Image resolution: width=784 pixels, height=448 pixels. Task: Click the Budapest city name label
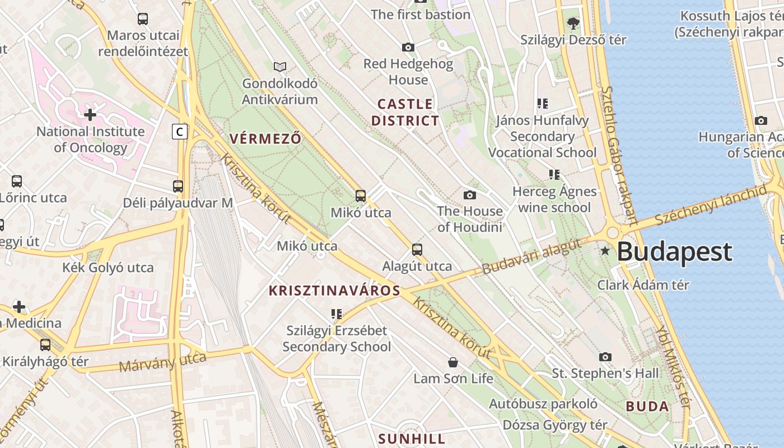click(x=674, y=252)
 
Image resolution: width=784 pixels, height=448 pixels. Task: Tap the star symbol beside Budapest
click(x=605, y=251)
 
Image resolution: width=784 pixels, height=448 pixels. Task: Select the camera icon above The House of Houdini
click(x=470, y=195)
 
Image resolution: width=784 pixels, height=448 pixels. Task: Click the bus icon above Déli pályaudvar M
click(x=178, y=186)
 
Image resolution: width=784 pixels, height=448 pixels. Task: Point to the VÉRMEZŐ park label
click(x=265, y=139)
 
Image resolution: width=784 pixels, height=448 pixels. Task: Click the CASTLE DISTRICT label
click(x=405, y=112)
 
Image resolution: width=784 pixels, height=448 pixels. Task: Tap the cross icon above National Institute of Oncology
click(x=90, y=115)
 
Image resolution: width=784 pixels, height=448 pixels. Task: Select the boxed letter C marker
click(x=179, y=132)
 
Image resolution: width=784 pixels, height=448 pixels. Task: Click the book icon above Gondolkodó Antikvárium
click(x=280, y=67)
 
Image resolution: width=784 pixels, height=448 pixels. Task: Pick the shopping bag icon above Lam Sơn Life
click(x=453, y=362)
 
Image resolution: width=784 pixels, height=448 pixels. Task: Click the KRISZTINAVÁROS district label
click(x=335, y=291)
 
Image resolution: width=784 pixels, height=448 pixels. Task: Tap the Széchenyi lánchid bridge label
click(x=710, y=204)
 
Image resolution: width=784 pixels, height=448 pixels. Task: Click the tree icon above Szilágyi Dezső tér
click(x=573, y=24)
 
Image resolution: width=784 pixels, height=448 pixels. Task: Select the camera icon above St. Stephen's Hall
click(x=605, y=357)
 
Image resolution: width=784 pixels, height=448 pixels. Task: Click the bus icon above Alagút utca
click(x=417, y=250)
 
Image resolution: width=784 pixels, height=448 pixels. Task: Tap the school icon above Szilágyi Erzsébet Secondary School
click(x=337, y=314)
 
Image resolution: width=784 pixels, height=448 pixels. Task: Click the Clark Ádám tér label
click(x=643, y=284)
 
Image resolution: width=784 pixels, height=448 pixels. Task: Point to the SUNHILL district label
click(x=412, y=438)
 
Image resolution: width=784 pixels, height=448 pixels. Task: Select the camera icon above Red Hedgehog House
click(x=408, y=48)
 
